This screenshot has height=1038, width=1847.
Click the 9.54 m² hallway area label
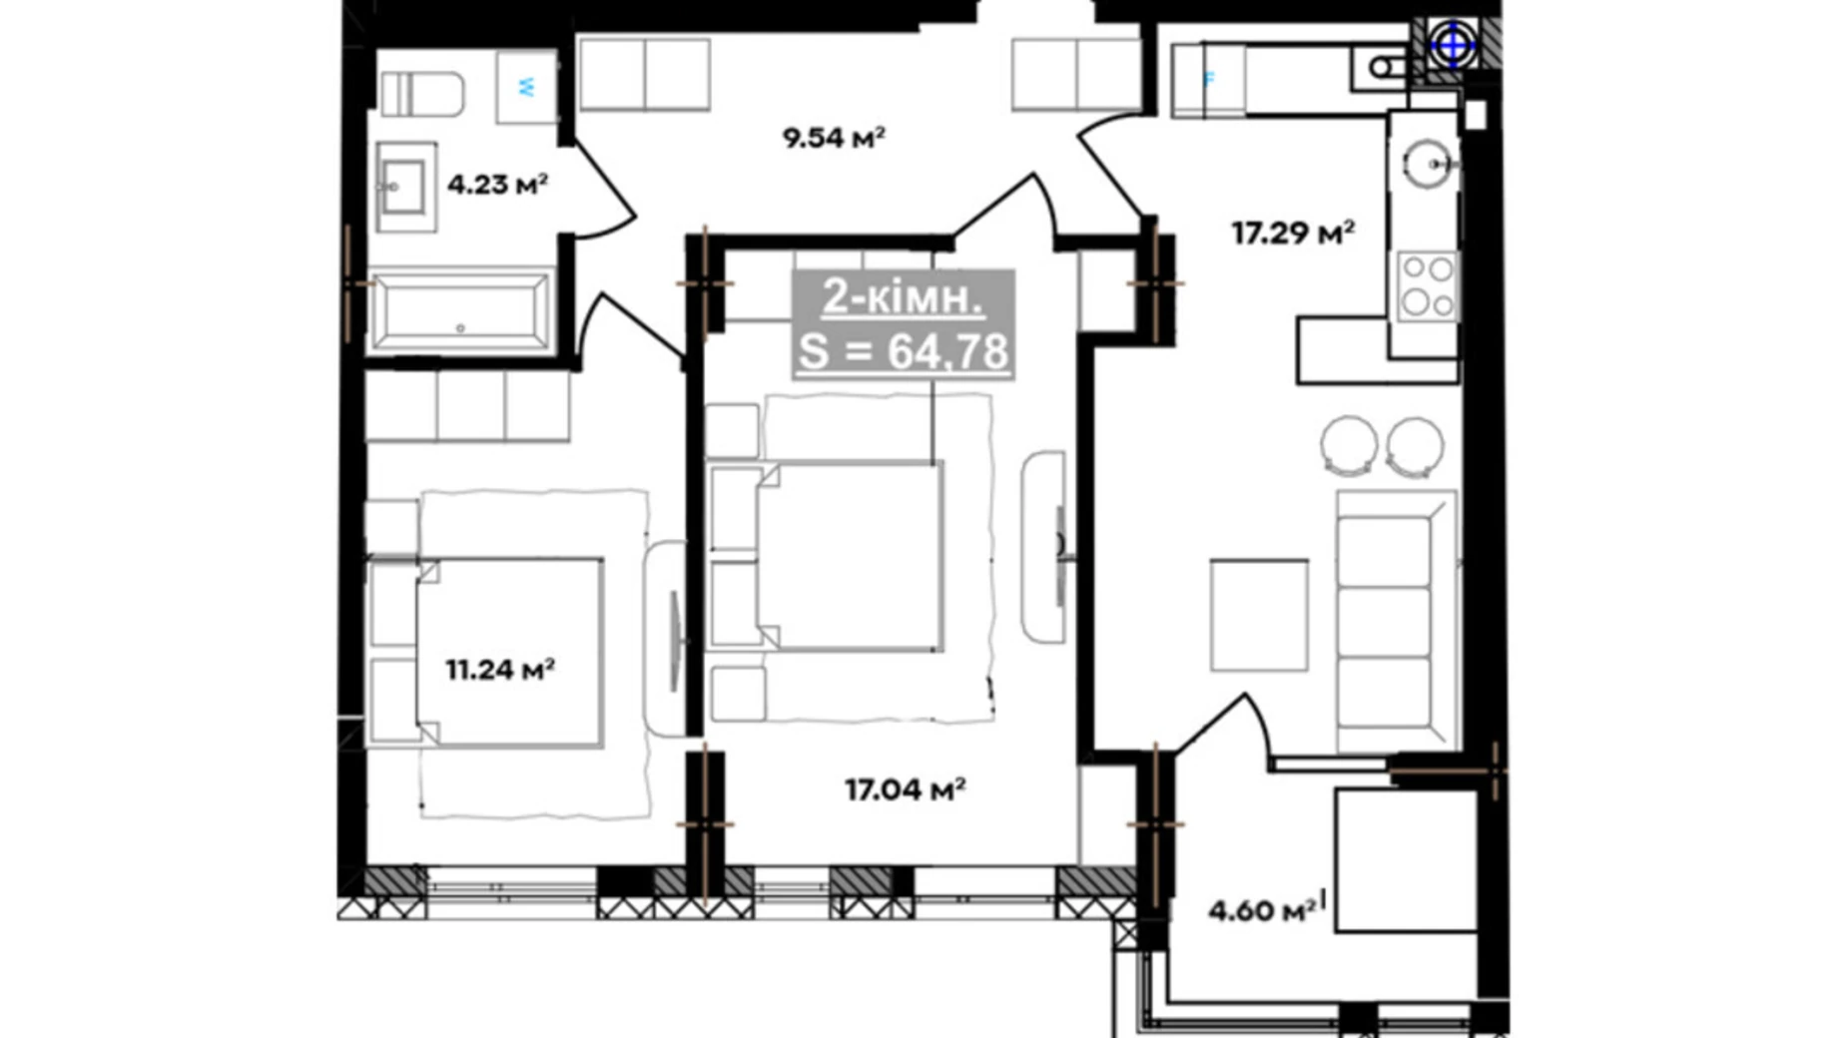click(x=834, y=137)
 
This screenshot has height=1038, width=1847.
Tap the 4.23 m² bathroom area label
click(x=497, y=184)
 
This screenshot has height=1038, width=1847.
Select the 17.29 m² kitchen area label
click(x=1292, y=233)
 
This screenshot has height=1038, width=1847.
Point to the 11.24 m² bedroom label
click(x=500, y=669)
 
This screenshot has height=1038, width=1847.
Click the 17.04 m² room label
click(x=905, y=789)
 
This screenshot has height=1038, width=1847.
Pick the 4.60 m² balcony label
click(x=1262, y=910)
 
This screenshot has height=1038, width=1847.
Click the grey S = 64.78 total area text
click(x=904, y=351)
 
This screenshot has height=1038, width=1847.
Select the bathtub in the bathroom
click(x=461, y=310)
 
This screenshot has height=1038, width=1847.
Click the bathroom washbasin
click(x=405, y=186)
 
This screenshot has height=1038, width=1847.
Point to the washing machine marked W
click(x=526, y=87)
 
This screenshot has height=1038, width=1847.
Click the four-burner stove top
click(x=1427, y=286)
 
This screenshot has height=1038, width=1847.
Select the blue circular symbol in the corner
click(x=1453, y=45)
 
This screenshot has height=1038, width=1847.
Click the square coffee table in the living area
click(x=1259, y=615)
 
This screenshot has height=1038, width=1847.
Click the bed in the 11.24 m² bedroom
click(x=486, y=652)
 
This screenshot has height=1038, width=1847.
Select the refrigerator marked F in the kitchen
click(x=1208, y=80)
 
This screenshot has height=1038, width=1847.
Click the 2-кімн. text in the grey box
click(x=904, y=297)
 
